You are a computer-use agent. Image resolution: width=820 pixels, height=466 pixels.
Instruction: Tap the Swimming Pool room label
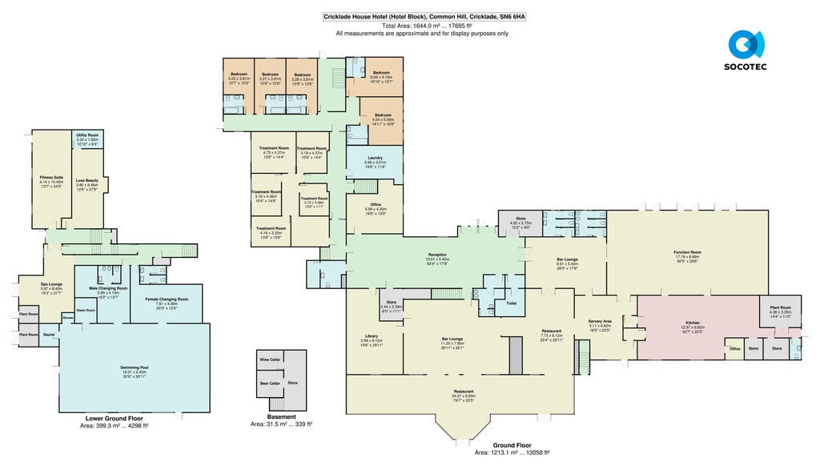[x=135, y=368]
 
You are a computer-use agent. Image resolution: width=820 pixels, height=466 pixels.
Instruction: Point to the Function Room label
[x=688, y=252]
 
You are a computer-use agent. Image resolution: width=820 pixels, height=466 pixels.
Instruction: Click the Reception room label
[x=437, y=255]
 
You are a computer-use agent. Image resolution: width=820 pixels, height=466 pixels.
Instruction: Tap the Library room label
[x=370, y=335]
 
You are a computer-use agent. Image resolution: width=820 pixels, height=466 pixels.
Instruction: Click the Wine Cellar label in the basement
[x=270, y=360]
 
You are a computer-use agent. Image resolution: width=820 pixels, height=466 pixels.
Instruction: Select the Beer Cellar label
[x=270, y=384]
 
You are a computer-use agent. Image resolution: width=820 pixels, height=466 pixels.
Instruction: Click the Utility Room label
[x=86, y=135]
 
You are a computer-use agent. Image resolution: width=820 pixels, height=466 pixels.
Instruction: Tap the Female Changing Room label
[x=167, y=299]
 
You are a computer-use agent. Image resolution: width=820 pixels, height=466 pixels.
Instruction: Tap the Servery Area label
[x=600, y=321]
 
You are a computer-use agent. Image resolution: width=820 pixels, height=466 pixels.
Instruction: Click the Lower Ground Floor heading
[x=114, y=419]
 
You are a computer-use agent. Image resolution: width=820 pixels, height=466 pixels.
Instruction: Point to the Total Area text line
[x=422, y=26]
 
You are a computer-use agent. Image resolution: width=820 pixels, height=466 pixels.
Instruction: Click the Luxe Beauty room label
[x=86, y=180]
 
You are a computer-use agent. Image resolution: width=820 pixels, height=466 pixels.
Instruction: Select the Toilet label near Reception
[x=510, y=303]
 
